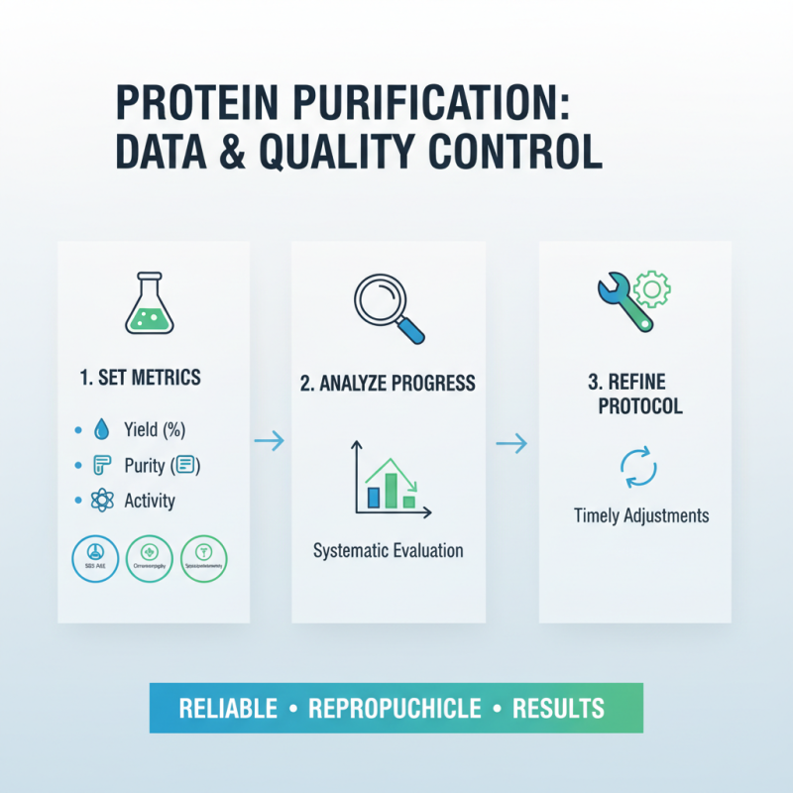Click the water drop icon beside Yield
(x=102, y=430)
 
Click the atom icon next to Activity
(x=102, y=501)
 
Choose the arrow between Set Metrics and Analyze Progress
(x=270, y=441)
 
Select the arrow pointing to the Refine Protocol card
(x=511, y=444)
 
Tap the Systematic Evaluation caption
(x=388, y=550)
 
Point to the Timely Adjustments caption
(x=641, y=515)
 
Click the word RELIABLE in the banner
(x=228, y=709)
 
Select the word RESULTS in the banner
(x=558, y=709)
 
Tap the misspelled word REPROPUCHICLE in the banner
(x=395, y=709)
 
